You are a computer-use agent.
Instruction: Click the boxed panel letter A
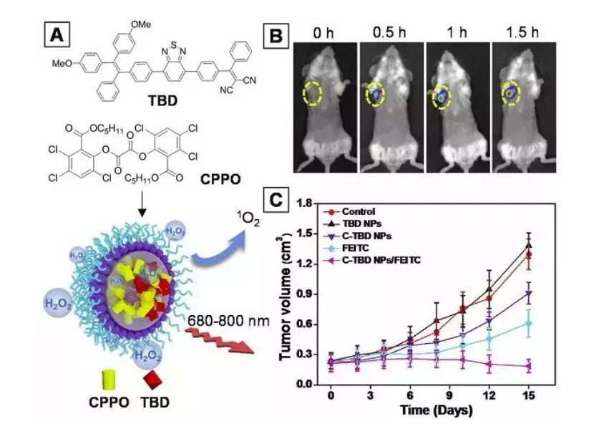tap(58, 34)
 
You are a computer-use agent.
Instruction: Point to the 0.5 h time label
tap(390, 32)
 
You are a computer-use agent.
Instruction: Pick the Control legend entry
tap(358, 211)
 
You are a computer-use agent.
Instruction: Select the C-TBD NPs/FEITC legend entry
tap(379, 256)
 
